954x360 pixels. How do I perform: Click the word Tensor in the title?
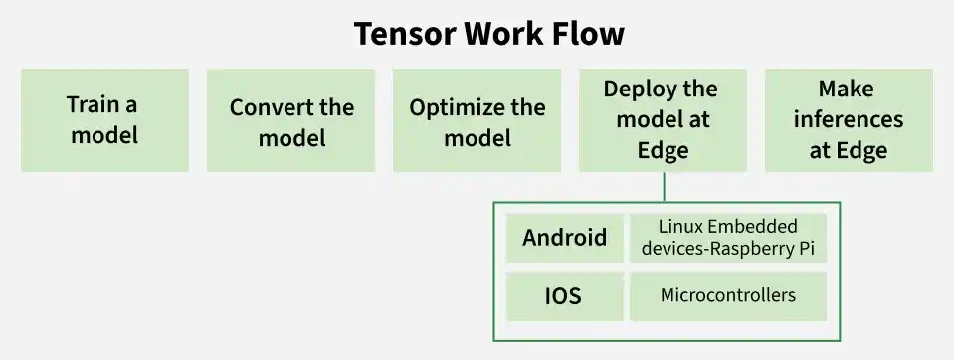click(402, 35)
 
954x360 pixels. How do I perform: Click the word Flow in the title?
click(588, 35)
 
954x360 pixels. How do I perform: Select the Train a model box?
click(104, 119)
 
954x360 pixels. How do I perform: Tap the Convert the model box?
click(291, 119)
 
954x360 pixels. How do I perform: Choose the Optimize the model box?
click(477, 119)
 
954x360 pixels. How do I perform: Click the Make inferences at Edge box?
click(849, 119)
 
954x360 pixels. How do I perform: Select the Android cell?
click(565, 238)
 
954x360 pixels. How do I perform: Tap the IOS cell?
click(565, 296)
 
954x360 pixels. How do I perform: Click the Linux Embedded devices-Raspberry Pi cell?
click(728, 238)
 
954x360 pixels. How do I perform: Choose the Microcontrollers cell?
click(728, 296)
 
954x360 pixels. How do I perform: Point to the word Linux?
click(682, 227)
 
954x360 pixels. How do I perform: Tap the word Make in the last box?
click(847, 90)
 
